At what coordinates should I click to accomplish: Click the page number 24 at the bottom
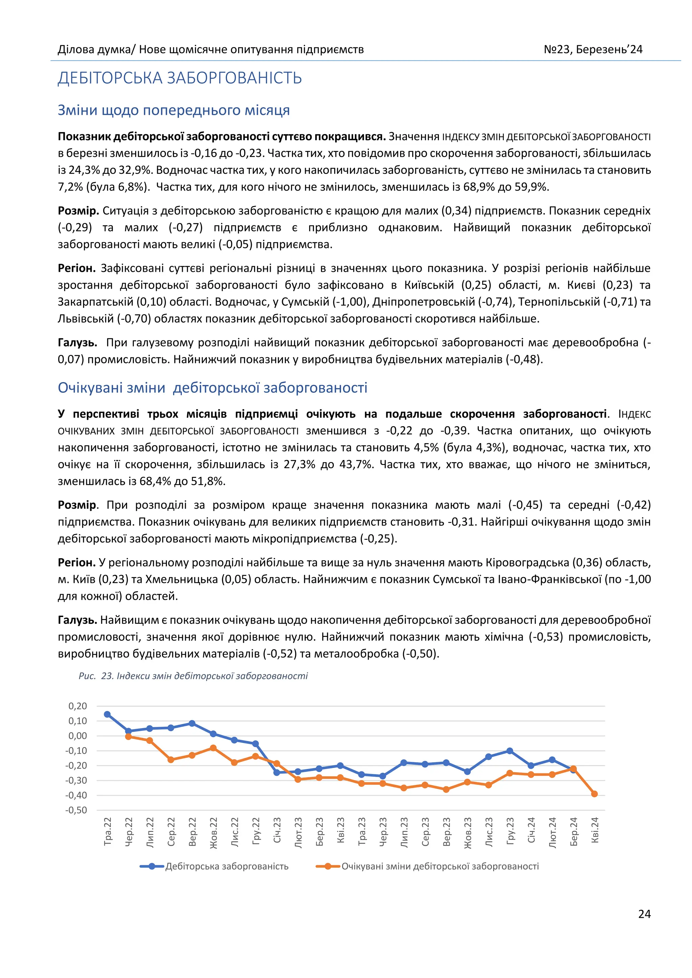(644, 914)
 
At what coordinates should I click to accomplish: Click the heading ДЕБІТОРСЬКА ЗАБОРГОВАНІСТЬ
(179, 78)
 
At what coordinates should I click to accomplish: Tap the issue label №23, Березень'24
(592, 49)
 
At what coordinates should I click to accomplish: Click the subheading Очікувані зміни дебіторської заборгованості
(212, 387)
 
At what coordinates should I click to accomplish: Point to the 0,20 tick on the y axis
(78, 706)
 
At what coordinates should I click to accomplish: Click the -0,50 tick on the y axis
(76, 810)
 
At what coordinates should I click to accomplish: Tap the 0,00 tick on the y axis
(78, 736)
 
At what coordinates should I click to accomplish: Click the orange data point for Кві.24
(594, 794)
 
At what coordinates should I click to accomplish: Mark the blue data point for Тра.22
(107, 714)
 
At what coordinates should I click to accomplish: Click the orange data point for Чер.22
(128, 737)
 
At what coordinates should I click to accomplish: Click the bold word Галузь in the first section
(77, 342)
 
